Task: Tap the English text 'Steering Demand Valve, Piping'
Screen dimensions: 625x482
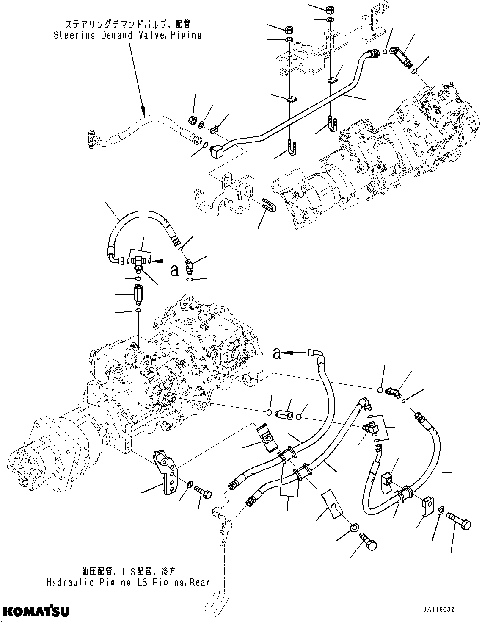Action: click(x=127, y=35)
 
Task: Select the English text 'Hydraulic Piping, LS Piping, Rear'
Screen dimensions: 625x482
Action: click(x=128, y=582)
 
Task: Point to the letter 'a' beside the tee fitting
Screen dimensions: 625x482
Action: click(x=174, y=271)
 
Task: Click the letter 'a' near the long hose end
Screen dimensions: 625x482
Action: click(x=277, y=353)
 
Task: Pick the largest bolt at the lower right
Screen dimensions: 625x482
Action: click(x=460, y=524)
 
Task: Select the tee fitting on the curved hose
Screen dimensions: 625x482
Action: click(x=138, y=263)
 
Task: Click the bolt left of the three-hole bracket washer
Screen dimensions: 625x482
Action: click(x=203, y=493)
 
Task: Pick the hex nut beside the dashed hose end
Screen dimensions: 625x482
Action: click(x=191, y=120)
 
